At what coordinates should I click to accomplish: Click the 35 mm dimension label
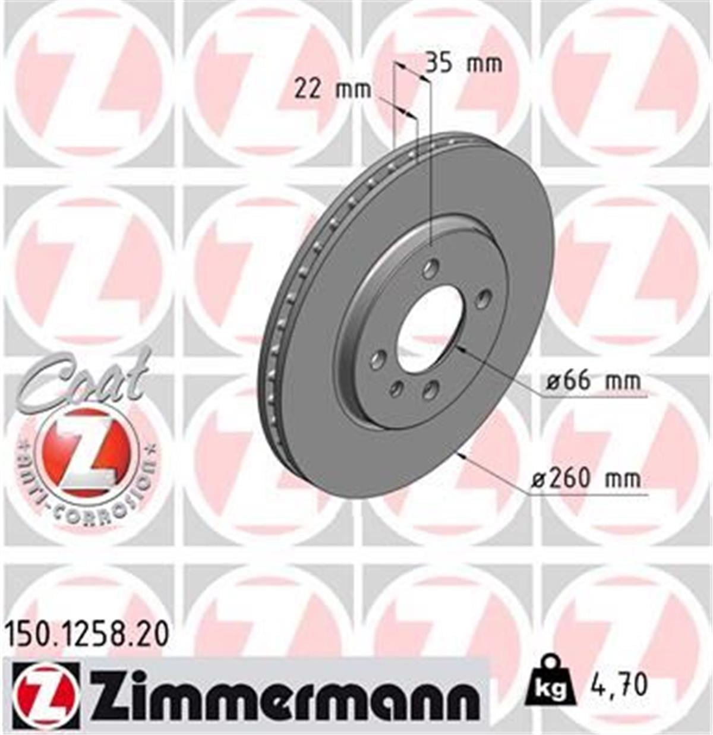pyautogui.click(x=464, y=63)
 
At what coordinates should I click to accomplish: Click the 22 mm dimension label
pyautogui.click(x=333, y=90)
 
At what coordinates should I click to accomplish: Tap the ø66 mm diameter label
pyautogui.click(x=593, y=380)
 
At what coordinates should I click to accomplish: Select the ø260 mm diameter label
pyautogui.click(x=585, y=478)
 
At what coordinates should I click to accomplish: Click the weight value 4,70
pyautogui.click(x=618, y=685)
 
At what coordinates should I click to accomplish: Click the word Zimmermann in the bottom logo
pyautogui.click(x=285, y=696)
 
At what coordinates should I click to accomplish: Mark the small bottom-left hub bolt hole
pyautogui.click(x=396, y=389)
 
